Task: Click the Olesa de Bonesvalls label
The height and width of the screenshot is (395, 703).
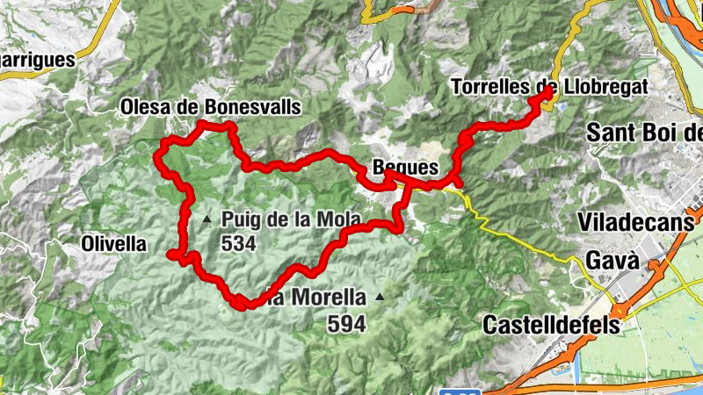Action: coord(210,107)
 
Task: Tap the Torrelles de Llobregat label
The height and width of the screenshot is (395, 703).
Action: coord(548,87)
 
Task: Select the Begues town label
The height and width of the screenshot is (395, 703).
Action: coord(404,165)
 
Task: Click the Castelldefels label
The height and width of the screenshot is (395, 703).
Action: coord(551,325)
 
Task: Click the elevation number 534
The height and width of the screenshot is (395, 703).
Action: coord(239,244)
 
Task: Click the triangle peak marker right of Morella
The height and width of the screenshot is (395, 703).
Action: coord(380,297)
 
